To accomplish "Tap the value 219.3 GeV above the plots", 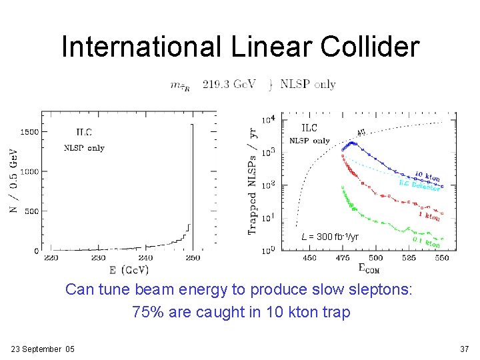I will point(229,85).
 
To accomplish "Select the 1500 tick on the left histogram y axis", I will point(28,132).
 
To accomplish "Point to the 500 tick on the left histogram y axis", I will point(31,211).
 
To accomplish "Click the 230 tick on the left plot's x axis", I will point(98,257).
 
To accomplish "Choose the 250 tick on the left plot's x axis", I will point(193,257).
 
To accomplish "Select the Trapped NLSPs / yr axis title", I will point(253,181).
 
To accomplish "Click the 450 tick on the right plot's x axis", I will point(309,258).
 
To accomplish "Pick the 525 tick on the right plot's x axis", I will point(408,258).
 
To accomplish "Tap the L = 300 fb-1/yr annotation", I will point(329,237).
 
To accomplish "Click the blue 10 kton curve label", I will point(427,177).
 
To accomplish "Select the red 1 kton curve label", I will point(429,215).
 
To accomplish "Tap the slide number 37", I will point(465,349).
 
